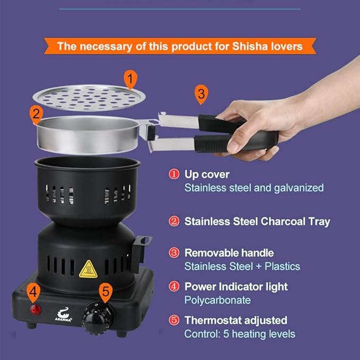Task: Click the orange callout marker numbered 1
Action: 130,79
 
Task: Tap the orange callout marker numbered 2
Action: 36,113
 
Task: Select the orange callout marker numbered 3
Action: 200,94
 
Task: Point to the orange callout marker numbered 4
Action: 33,291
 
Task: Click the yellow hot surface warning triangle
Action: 87,270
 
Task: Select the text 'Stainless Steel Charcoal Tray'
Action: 257,221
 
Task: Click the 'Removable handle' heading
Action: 229,253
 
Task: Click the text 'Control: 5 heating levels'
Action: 240,333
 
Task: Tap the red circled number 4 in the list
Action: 174,287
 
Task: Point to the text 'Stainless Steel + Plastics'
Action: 242,266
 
